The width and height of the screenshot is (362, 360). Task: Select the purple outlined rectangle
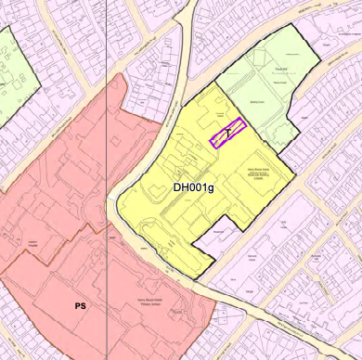pyautogui.click(x=227, y=133)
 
